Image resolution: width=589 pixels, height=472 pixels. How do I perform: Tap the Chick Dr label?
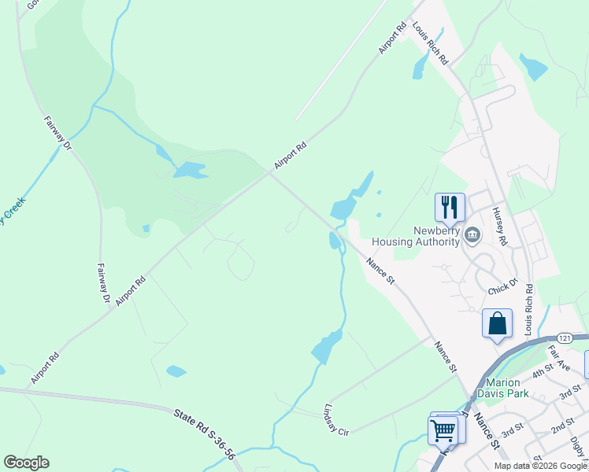click(502, 286)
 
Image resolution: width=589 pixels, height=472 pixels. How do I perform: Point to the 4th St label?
click(543, 371)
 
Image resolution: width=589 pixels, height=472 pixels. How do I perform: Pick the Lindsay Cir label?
click(336, 419)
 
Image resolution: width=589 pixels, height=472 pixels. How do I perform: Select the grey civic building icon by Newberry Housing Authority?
click(472, 233)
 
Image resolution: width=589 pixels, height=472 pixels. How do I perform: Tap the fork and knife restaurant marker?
click(450, 207)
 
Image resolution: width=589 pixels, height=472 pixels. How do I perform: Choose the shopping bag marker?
click(497, 323)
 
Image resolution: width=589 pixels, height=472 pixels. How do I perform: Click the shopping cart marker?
click(443, 430)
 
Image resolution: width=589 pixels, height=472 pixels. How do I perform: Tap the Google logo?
click(26, 463)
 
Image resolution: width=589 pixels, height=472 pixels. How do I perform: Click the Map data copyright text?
click(541, 466)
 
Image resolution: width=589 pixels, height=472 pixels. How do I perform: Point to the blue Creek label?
click(13, 209)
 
